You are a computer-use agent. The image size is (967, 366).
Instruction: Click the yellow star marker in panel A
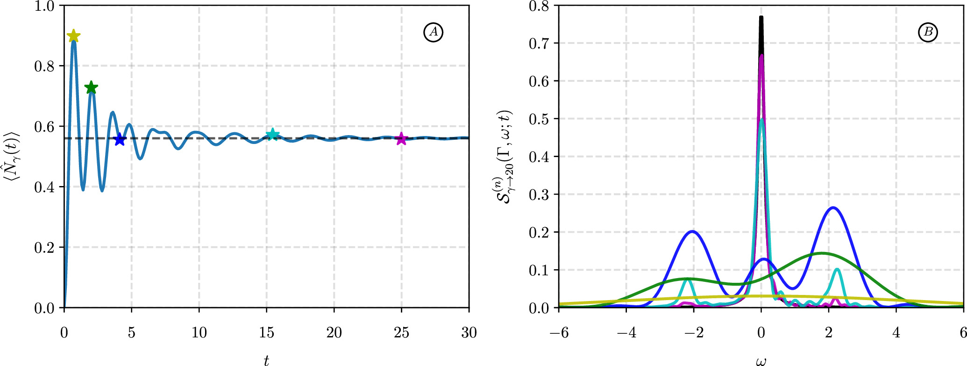tap(73, 36)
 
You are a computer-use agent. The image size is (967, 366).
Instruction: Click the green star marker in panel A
tap(91, 87)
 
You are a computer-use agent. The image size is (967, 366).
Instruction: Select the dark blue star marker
tap(120, 139)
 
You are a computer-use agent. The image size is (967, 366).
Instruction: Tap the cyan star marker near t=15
tap(272, 135)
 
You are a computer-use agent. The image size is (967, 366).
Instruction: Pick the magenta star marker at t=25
tap(401, 139)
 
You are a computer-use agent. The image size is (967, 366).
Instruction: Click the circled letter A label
tap(433, 32)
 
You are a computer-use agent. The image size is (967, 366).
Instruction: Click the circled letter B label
tap(928, 32)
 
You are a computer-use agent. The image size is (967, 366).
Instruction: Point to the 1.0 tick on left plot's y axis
tap(44, 6)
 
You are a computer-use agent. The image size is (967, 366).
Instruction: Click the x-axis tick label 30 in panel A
tap(469, 333)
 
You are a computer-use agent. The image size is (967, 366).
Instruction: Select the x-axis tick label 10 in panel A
tap(199, 333)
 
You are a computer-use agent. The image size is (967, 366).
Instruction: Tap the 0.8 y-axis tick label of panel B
tap(539, 6)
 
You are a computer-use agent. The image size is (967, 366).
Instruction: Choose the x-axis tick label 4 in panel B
tap(896, 333)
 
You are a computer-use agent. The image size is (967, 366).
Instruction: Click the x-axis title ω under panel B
tap(761, 361)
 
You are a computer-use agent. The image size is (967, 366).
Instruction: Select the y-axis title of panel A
tap(13, 157)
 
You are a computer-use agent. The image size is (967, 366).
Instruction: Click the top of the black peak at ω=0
tap(761, 18)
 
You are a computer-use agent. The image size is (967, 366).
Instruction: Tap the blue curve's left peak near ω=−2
tap(692, 231)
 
